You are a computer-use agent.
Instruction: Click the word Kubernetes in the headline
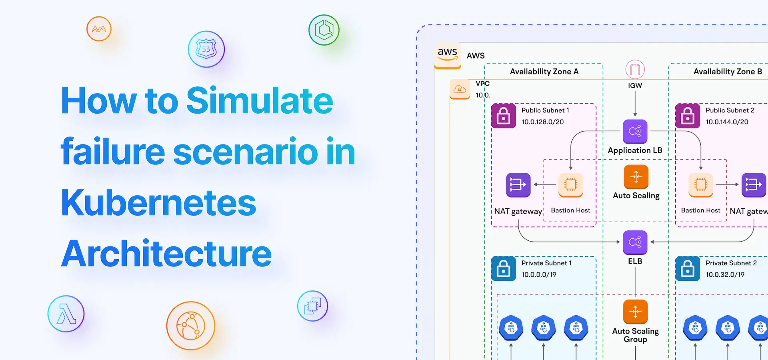click(158, 202)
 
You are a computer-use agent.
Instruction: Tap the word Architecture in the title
click(166, 254)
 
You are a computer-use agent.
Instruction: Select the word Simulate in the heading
click(260, 100)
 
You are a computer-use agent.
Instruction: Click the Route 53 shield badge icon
click(206, 49)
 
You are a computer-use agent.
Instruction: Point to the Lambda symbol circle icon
click(66, 314)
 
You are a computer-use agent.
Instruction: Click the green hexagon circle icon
click(324, 30)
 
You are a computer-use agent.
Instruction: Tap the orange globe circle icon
click(191, 326)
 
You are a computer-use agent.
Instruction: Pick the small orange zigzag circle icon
click(99, 29)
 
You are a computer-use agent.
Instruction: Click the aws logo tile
click(448, 55)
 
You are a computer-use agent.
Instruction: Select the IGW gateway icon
click(635, 70)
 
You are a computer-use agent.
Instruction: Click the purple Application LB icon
click(635, 132)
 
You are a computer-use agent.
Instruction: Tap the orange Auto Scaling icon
click(636, 177)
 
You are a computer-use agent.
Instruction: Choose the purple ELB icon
click(635, 242)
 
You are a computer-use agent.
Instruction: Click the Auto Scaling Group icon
click(636, 312)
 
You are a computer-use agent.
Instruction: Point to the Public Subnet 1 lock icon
click(504, 116)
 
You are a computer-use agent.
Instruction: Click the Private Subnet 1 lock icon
click(504, 269)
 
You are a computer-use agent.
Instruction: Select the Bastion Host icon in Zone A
click(571, 185)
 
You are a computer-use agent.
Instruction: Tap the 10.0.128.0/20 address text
click(542, 122)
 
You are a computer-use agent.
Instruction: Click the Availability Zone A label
click(544, 72)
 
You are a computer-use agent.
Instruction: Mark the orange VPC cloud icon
click(460, 89)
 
